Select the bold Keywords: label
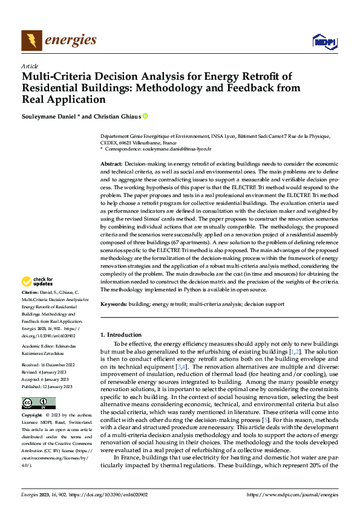(114, 304)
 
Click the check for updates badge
(38, 282)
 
